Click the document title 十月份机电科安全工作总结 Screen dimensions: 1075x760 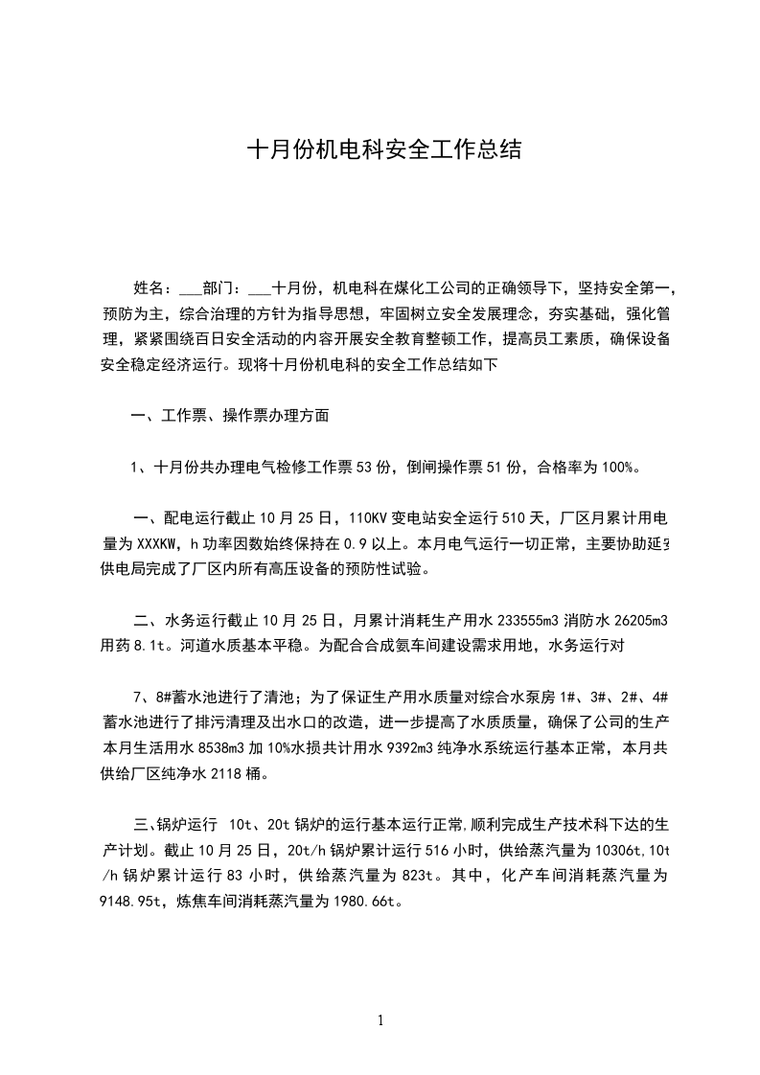pyautogui.click(x=384, y=150)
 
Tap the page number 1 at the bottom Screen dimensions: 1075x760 pyautogui.click(x=380, y=1020)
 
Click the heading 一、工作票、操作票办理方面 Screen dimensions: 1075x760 pyautogui.click(x=230, y=416)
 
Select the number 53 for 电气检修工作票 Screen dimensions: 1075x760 pyautogui.click(x=365, y=468)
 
